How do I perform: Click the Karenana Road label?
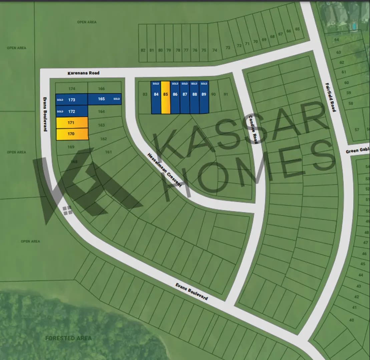click(x=83, y=73)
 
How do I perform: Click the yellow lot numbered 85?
click(x=165, y=97)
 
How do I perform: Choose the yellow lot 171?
click(x=72, y=123)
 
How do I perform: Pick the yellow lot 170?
click(x=72, y=134)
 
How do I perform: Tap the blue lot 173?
click(x=71, y=100)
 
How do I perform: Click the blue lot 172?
click(x=71, y=111)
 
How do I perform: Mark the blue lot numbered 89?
click(x=204, y=97)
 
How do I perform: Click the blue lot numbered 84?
click(x=156, y=97)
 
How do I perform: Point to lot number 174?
click(x=71, y=89)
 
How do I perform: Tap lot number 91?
click(x=226, y=94)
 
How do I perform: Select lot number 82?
click(x=143, y=50)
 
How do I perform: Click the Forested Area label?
click(x=68, y=338)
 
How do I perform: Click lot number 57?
click(x=357, y=130)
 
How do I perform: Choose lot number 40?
click(x=351, y=320)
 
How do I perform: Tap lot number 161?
click(x=108, y=152)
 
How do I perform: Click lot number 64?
click(x=337, y=40)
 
